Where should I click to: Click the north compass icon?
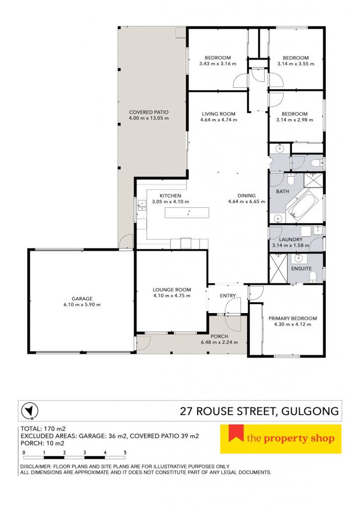point(29,411)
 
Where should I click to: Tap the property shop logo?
point(281,439)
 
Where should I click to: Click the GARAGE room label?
point(82,299)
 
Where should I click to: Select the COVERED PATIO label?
point(149,112)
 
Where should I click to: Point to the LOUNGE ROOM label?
point(172,290)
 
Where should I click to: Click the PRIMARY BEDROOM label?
point(292,318)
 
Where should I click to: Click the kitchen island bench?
point(187,213)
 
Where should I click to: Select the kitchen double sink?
point(142,205)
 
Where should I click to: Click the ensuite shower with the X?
point(279,268)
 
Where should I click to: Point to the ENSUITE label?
point(301,268)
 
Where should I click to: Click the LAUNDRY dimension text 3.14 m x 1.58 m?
point(290,245)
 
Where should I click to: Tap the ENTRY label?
point(228,296)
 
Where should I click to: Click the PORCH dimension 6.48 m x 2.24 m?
point(219,342)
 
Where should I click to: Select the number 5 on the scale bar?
point(125,452)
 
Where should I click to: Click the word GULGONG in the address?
point(310,411)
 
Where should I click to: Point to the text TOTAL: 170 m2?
point(43,429)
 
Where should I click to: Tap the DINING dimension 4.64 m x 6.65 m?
point(246,201)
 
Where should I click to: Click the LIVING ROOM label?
point(218,114)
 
